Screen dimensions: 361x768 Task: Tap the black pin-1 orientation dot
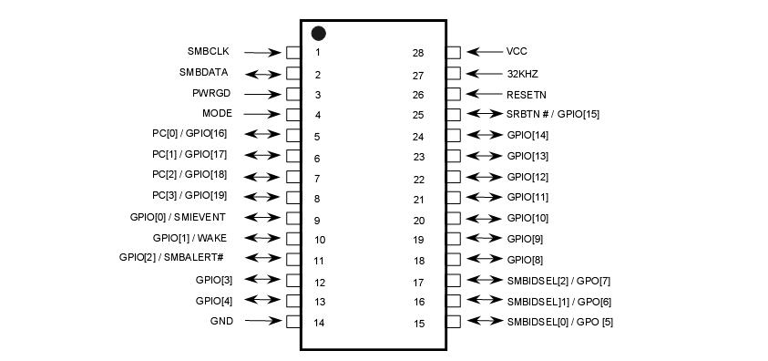coord(319,34)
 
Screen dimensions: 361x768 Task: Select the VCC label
coord(517,52)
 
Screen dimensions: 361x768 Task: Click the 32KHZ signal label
coord(523,74)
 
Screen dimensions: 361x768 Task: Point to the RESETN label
coord(527,94)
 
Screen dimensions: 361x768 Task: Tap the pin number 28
coord(418,53)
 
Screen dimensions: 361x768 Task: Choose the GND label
coord(221,321)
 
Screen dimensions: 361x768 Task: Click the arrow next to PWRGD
coord(262,94)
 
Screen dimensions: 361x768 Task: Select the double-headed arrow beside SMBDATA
coord(262,73)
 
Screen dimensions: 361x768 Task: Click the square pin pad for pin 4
coord(293,115)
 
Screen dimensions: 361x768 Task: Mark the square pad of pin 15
coord(454,322)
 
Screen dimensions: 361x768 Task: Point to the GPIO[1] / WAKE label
coord(189,238)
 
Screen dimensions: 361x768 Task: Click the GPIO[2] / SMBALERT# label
coord(171,258)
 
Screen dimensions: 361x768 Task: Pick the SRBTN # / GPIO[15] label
coord(553,115)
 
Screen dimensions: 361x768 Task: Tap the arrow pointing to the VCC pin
coord(484,52)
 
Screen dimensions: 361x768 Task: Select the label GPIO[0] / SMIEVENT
coord(178,217)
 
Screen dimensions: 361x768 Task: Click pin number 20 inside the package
coord(419,221)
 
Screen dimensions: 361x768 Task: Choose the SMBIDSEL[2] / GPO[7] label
coord(558,281)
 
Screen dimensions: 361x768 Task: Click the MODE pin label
coord(217,114)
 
